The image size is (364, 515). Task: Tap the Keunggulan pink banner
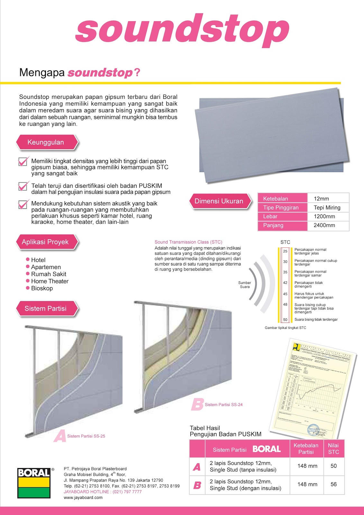(x=46, y=142)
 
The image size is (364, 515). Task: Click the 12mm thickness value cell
(x=322, y=199)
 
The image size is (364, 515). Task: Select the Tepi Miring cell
(x=327, y=208)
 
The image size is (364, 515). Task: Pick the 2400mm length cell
(x=324, y=225)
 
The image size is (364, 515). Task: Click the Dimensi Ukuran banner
(x=219, y=201)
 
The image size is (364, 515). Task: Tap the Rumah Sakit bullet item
(x=49, y=274)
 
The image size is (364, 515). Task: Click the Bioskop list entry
(x=42, y=288)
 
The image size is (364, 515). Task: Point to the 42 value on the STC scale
(x=285, y=283)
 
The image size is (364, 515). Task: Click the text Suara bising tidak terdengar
(x=316, y=320)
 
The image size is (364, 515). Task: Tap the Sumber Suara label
(x=244, y=285)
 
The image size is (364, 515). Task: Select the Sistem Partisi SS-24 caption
(x=223, y=405)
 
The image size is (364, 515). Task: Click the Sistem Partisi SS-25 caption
(x=86, y=436)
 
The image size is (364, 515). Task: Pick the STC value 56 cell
(x=333, y=484)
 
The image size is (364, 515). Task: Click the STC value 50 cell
(x=333, y=466)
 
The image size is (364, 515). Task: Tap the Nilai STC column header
(x=333, y=449)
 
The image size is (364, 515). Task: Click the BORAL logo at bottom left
(x=34, y=483)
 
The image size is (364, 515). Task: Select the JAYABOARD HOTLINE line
(x=103, y=492)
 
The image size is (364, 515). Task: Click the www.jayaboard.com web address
(x=83, y=498)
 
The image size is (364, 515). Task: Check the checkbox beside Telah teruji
(x=23, y=186)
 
